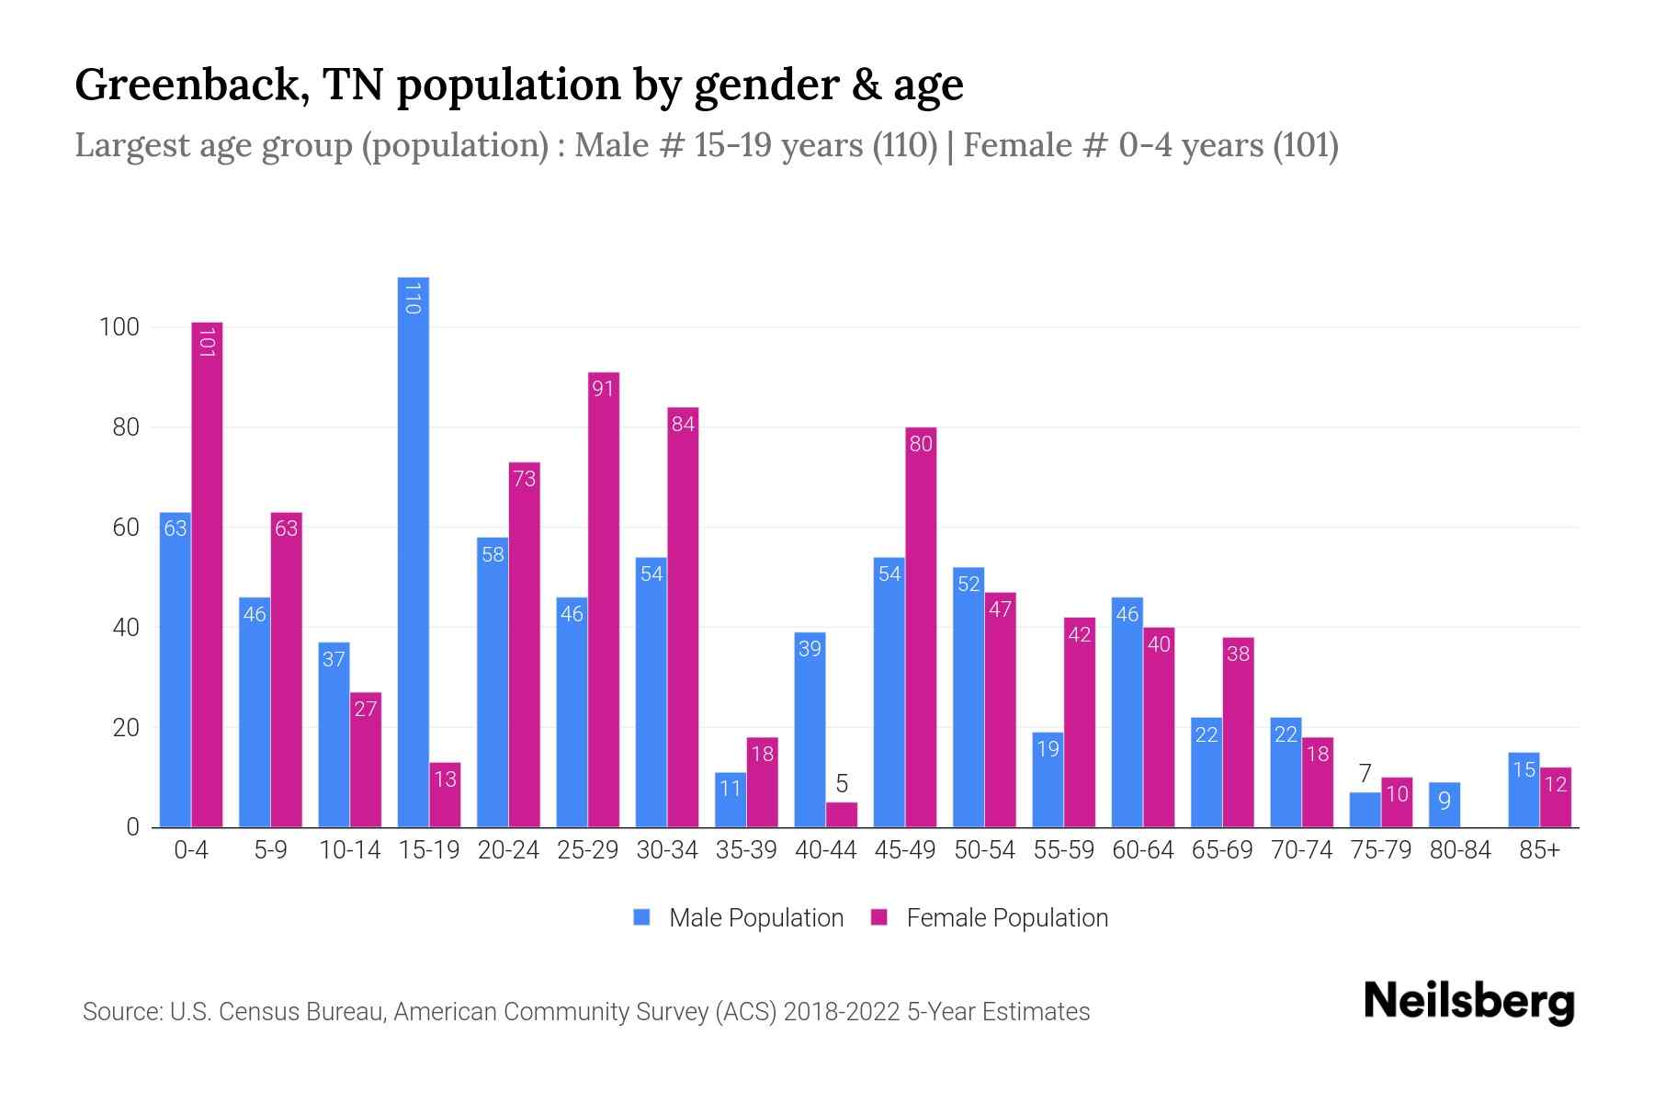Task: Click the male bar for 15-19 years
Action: [x=413, y=551]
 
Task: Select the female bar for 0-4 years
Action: [x=207, y=574]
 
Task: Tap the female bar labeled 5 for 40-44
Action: [x=841, y=815]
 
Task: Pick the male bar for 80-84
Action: [x=1444, y=805]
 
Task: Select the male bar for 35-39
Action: [x=731, y=800]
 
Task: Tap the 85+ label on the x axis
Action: [x=1539, y=850]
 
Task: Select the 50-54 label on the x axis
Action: [x=984, y=850]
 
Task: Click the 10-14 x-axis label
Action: [x=349, y=850]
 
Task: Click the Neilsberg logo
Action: [x=1468, y=1002]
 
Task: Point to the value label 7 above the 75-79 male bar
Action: [x=1365, y=774]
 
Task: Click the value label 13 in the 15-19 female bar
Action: [x=445, y=779]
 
